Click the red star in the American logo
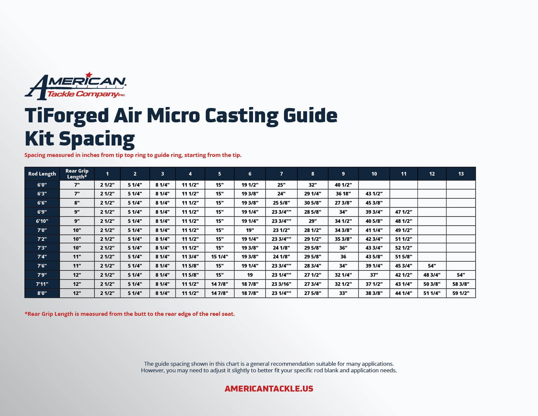[88, 75]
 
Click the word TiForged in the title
[67, 116]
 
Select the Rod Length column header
[42, 174]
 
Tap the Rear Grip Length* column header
[77, 174]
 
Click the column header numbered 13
[461, 174]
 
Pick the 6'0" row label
[42, 185]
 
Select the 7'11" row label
[42, 284]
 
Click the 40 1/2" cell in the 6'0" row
[343, 185]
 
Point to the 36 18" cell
[343, 194]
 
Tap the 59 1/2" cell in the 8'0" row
[461, 293]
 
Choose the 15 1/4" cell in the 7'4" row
[219, 257]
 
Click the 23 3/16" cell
[281, 284]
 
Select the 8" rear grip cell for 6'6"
[77, 203]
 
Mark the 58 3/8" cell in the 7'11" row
[461, 284]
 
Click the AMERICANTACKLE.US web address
[269, 389]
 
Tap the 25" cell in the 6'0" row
[281, 185]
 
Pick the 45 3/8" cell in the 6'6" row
[374, 203]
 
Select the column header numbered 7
[281, 174]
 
